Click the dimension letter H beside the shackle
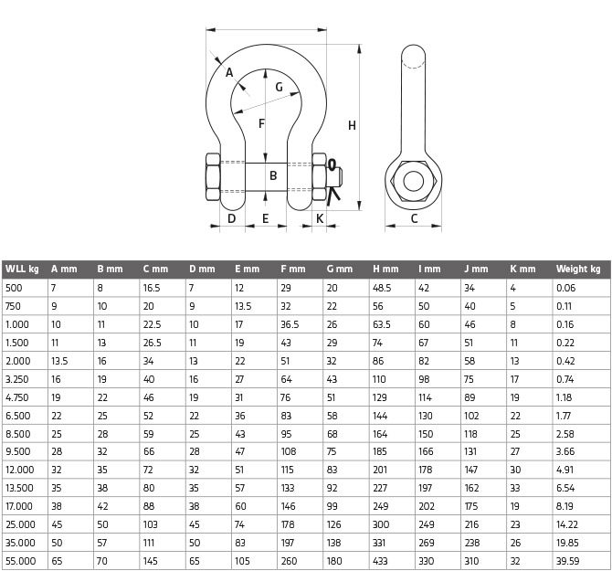(x=352, y=126)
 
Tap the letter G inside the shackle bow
(x=279, y=87)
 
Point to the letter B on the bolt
(x=273, y=175)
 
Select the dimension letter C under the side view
(x=414, y=218)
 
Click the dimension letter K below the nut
(x=320, y=218)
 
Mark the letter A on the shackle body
(x=229, y=72)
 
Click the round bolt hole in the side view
(x=414, y=181)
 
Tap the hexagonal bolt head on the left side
(x=213, y=177)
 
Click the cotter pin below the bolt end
(x=332, y=196)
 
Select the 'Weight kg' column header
(x=578, y=269)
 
